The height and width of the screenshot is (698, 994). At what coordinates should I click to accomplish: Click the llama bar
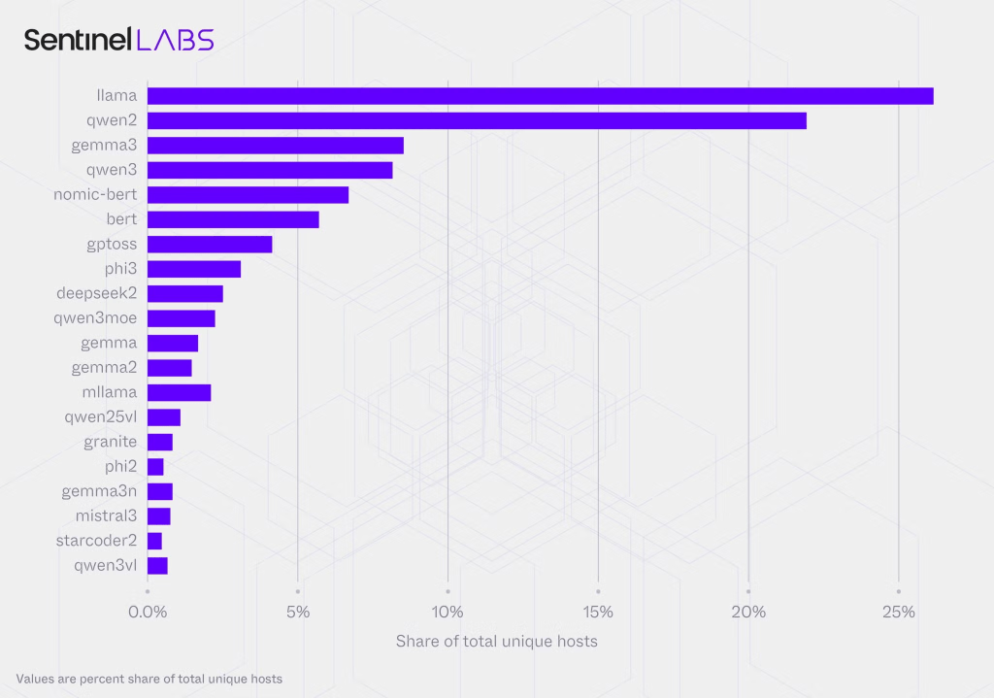[x=540, y=95]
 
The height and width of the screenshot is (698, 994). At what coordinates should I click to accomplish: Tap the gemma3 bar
[x=275, y=146]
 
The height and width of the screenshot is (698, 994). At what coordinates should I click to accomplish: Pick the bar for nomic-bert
[x=248, y=195]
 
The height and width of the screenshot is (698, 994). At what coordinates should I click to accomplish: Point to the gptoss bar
[x=210, y=245]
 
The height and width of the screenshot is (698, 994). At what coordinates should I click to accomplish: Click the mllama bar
[x=179, y=392]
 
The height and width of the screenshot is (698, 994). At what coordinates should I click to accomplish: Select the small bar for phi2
[x=155, y=467]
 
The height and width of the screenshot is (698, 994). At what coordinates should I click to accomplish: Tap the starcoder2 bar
[x=154, y=541]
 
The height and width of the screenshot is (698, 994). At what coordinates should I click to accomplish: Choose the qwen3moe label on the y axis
[x=95, y=318]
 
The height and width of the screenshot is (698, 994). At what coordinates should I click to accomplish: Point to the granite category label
[x=110, y=442]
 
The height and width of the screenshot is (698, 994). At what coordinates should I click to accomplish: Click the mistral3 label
[x=106, y=515]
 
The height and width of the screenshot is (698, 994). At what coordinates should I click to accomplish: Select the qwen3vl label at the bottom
[x=105, y=565]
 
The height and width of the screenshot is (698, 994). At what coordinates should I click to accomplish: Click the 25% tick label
[x=898, y=613]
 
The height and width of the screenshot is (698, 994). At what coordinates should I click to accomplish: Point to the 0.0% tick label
[x=148, y=613]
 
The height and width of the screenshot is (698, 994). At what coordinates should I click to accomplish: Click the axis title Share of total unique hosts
[x=496, y=642]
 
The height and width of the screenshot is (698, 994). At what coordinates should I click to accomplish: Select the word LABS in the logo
[x=175, y=40]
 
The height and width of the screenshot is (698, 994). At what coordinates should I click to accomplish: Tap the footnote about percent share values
[x=149, y=679]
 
